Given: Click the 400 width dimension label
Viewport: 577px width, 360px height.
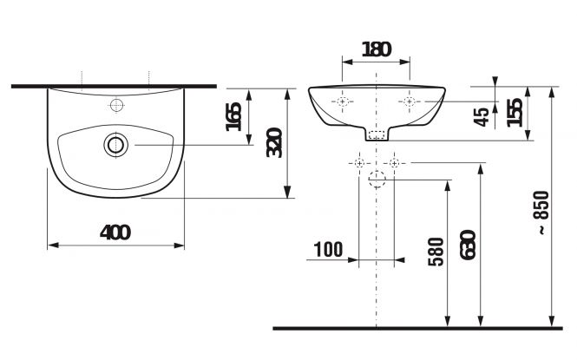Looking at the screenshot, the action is tap(115, 232).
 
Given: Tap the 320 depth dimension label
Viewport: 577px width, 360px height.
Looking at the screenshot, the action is tap(274, 142).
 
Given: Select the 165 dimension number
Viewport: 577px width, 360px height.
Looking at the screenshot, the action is tap(233, 117).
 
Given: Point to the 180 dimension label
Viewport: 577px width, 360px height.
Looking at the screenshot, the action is tap(376, 49).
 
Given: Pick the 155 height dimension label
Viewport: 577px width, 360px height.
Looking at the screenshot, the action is tap(515, 113).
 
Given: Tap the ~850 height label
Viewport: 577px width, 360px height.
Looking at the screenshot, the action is tap(542, 213).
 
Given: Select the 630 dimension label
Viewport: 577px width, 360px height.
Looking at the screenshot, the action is tap(468, 245).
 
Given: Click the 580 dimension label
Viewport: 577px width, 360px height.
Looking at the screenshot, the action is tap(436, 252).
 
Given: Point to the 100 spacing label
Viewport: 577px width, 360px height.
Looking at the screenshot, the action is tap(328, 250).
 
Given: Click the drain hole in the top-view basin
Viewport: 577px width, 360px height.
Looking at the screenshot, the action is tap(116, 145).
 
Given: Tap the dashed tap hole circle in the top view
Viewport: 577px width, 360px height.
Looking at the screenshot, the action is tap(116, 106).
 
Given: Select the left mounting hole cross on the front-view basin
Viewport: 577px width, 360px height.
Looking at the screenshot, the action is tap(343, 101).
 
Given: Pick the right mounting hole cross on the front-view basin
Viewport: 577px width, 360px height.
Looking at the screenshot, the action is tap(409, 101).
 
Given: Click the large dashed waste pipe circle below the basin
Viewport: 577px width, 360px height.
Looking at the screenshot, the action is tap(377, 180).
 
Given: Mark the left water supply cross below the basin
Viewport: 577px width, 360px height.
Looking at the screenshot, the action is tap(359, 162).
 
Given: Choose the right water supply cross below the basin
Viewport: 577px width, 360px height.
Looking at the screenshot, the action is tap(394, 162).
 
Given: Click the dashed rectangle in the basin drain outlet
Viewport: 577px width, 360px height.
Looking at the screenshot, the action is tap(377, 135).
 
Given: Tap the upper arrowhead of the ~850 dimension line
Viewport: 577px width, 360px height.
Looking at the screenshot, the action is tap(551, 92).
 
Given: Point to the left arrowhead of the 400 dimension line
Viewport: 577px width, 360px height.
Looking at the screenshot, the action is tap(53, 245).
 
